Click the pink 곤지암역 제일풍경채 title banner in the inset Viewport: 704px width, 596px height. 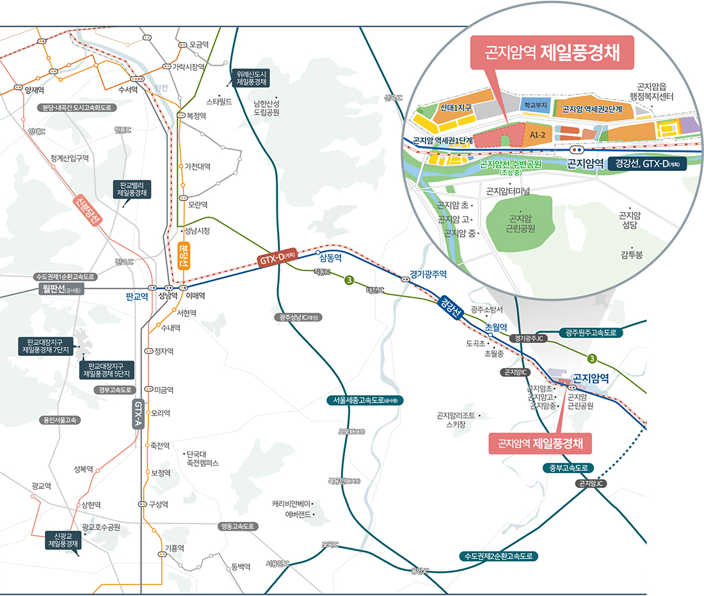[552, 52]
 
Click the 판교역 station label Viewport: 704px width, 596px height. [137, 296]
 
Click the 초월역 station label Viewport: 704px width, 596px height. [496, 326]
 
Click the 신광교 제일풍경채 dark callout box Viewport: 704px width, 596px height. [67, 540]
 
